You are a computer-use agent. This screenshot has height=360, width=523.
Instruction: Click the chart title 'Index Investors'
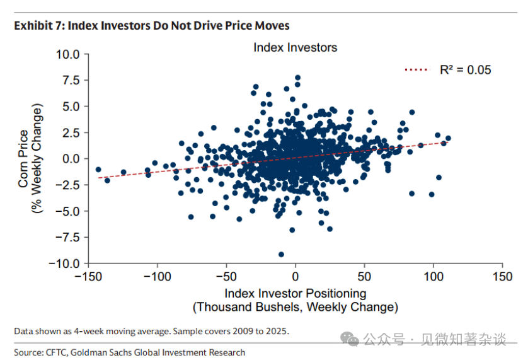pos(295,47)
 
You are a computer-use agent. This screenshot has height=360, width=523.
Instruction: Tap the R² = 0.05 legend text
pos(465,70)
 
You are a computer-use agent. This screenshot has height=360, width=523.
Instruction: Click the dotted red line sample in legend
pos(417,70)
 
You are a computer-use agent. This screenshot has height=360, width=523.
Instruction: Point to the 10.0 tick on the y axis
pos(67,54)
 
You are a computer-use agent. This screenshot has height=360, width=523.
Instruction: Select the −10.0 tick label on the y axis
pos(64,264)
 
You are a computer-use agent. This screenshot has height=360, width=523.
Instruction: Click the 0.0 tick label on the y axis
pos(71,159)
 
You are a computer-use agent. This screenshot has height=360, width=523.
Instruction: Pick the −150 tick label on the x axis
pos(88,277)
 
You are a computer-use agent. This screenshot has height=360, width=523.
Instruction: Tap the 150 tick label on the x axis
pos(503,277)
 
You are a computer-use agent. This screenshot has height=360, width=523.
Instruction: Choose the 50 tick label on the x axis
pos(364,277)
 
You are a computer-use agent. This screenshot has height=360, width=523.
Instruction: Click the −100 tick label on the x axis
pos(157,277)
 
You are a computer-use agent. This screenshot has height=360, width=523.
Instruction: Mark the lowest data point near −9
pos(281,254)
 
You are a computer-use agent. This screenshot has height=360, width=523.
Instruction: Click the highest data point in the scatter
pos(298,78)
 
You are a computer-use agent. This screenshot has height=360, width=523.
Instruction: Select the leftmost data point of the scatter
pos(98,170)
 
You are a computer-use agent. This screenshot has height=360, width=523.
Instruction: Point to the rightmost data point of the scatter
pos(448,138)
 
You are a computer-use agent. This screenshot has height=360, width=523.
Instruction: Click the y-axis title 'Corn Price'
pos(23,159)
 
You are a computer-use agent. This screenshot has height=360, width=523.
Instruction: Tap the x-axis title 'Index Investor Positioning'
pos(295,294)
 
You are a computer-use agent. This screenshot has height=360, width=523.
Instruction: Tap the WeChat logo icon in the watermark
pos(350,339)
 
